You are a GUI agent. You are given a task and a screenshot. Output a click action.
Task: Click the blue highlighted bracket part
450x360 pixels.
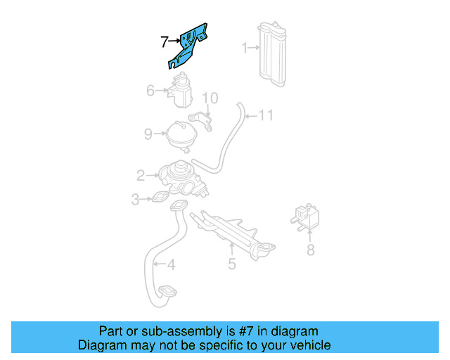point(190,44)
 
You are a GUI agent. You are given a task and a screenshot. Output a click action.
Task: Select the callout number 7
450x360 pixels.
point(164,42)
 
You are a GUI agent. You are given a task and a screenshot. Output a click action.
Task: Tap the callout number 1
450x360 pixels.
point(245,49)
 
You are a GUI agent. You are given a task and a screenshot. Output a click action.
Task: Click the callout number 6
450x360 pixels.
point(150,90)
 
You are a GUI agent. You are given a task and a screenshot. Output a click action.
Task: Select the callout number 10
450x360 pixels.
point(210,98)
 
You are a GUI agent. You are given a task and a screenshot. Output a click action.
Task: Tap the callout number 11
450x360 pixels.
point(264,115)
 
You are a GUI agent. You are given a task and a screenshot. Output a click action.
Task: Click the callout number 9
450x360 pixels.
point(148,133)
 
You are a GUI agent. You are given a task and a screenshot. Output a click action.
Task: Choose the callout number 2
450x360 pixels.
point(141,175)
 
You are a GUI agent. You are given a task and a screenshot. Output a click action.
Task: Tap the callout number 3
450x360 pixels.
point(135,200)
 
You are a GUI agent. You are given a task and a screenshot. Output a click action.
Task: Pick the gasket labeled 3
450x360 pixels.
point(161,199)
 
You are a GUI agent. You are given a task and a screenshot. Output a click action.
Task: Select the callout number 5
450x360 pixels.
point(231,264)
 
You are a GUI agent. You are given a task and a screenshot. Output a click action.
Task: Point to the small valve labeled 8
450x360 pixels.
point(307,215)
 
